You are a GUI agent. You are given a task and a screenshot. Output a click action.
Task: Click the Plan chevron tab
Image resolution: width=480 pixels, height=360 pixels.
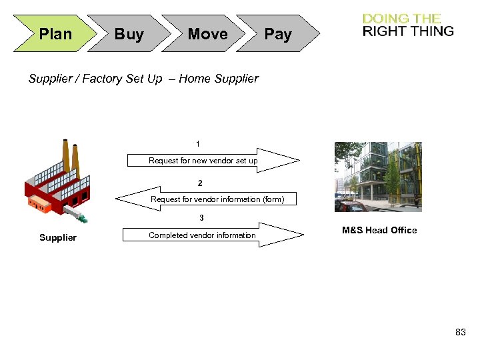point(55,34)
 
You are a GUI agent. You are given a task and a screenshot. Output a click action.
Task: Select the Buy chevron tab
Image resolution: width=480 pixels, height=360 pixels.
point(129,34)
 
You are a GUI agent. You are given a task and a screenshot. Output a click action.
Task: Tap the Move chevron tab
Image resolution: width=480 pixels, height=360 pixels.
point(207,34)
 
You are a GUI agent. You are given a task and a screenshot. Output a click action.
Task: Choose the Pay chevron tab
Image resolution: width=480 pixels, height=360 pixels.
point(278,34)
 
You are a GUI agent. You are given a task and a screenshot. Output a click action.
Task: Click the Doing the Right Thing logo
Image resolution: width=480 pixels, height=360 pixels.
point(408,25)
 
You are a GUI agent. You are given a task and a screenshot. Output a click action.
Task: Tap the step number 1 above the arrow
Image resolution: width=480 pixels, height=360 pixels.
point(198,144)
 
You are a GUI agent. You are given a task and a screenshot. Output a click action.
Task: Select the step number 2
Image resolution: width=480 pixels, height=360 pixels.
point(200,183)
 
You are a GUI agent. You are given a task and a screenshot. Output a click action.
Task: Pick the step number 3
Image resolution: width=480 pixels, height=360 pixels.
point(201,218)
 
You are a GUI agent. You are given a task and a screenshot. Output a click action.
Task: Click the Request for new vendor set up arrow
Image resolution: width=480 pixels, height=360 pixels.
point(213,161)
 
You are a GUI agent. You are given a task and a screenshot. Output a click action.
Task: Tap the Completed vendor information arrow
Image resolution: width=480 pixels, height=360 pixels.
point(213,235)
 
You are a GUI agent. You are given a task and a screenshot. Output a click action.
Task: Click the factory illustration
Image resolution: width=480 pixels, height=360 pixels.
point(57,183)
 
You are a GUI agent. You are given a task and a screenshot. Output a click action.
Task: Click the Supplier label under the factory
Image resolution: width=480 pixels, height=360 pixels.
point(58,238)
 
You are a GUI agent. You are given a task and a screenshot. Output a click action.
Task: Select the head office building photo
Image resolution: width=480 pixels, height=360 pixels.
point(378,177)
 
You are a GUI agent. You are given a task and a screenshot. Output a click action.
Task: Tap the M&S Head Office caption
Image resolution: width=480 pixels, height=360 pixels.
point(379,231)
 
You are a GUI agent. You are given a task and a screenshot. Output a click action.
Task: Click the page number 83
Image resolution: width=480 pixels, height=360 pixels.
point(461,332)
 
